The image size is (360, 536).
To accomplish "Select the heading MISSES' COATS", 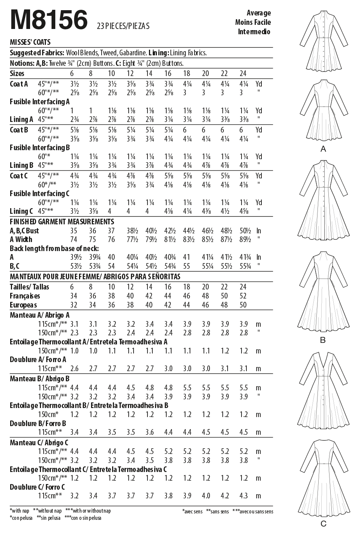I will point(30,42).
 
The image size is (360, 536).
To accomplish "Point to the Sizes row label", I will point(17,73).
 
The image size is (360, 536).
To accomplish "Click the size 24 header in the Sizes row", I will point(243,73).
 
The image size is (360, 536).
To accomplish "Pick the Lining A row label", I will point(19,120).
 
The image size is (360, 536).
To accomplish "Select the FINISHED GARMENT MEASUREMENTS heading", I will point(62,222).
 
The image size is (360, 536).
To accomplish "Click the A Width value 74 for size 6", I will point(74,239).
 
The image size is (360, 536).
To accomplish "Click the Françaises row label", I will point(25,296).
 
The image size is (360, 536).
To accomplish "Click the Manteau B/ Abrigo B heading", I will point(40,379).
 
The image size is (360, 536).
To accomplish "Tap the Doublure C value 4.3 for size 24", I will point(243,496).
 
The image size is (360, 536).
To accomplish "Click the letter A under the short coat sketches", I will point(323,149).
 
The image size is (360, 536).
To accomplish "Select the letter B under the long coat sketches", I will point(322,340).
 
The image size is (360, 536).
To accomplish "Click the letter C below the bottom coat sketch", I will point(323,524).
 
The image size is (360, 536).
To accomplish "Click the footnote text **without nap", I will point(47,511).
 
